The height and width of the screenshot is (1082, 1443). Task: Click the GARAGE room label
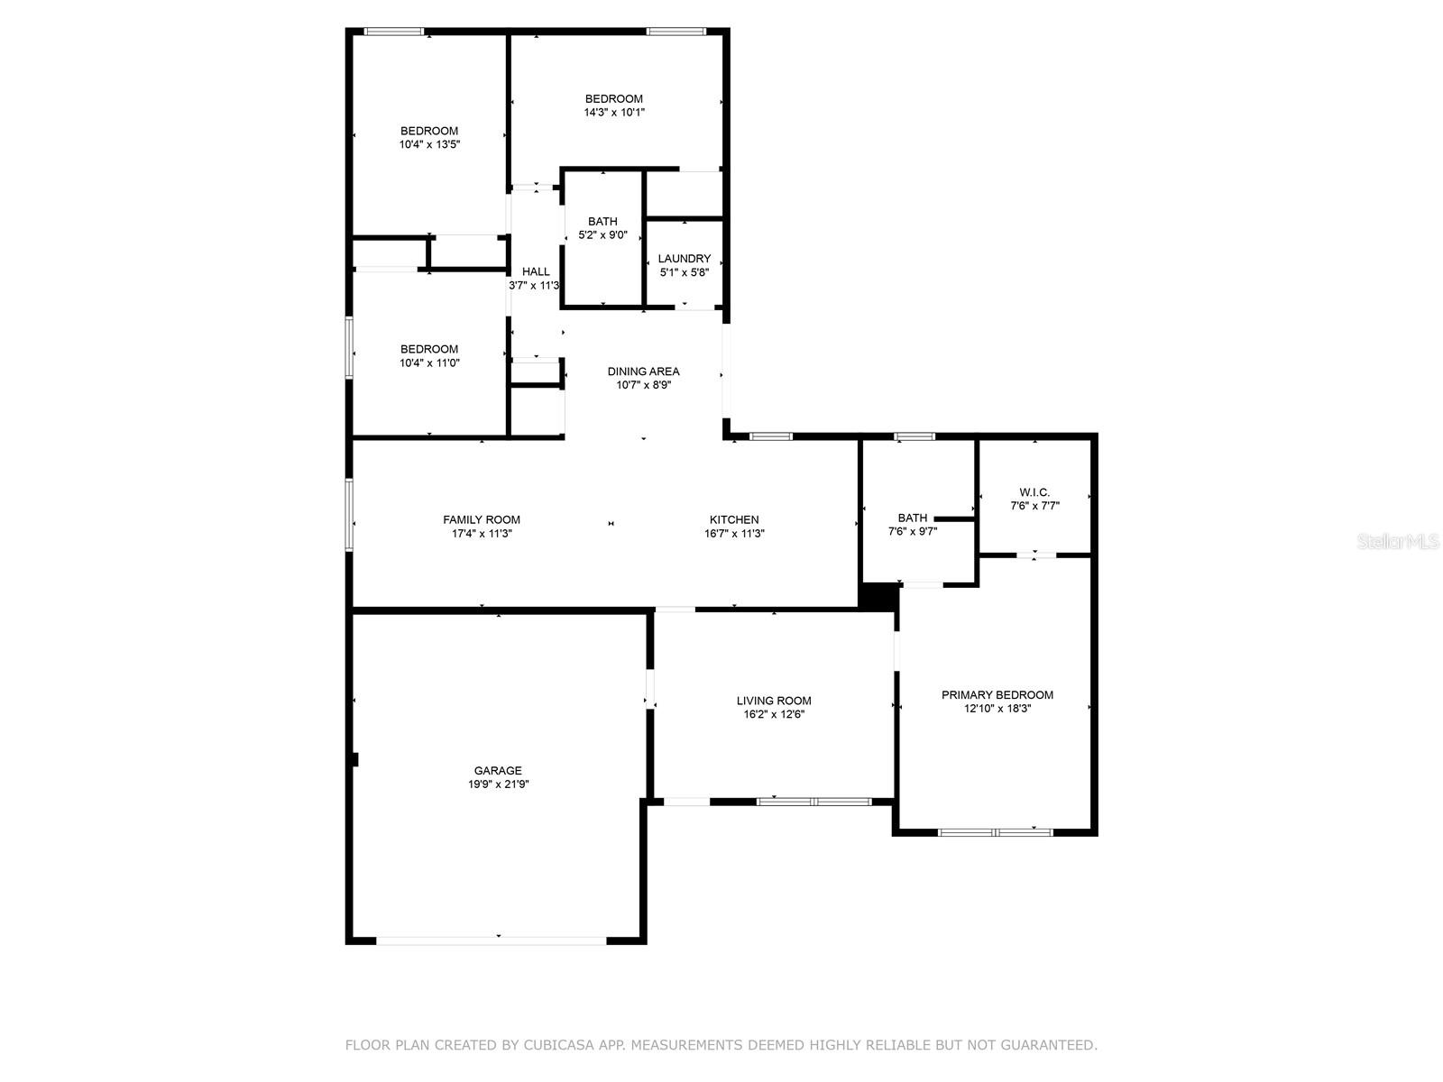click(498, 770)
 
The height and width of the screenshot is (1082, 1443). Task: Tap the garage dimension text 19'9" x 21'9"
click(499, 784)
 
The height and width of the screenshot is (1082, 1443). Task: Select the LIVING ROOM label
click(774, 701)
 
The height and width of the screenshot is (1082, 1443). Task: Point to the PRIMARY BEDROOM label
click(997, 694)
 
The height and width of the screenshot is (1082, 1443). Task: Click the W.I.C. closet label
click(1034, 492)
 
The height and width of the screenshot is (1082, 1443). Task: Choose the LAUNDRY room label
click(685, 258)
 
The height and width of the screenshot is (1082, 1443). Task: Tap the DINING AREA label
click(643, 371)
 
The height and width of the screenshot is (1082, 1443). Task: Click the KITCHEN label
click(734, 519)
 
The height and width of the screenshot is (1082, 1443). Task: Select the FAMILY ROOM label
click(482, 519)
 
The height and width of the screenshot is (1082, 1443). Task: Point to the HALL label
click(536, 271)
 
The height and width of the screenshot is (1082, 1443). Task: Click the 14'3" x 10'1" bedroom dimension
click(614, 113)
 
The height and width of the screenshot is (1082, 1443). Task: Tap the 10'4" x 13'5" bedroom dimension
click(429, 144)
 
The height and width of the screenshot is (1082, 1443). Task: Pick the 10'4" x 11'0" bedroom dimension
click(429, 362)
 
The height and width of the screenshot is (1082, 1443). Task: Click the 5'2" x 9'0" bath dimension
click(602, 235)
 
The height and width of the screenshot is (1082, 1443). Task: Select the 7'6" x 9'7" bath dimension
click(913, 531)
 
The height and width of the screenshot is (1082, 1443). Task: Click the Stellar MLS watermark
click(1398, 541)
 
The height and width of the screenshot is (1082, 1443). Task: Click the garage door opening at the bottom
click(492, 940)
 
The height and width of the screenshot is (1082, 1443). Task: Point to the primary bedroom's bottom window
click(996, 832)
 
